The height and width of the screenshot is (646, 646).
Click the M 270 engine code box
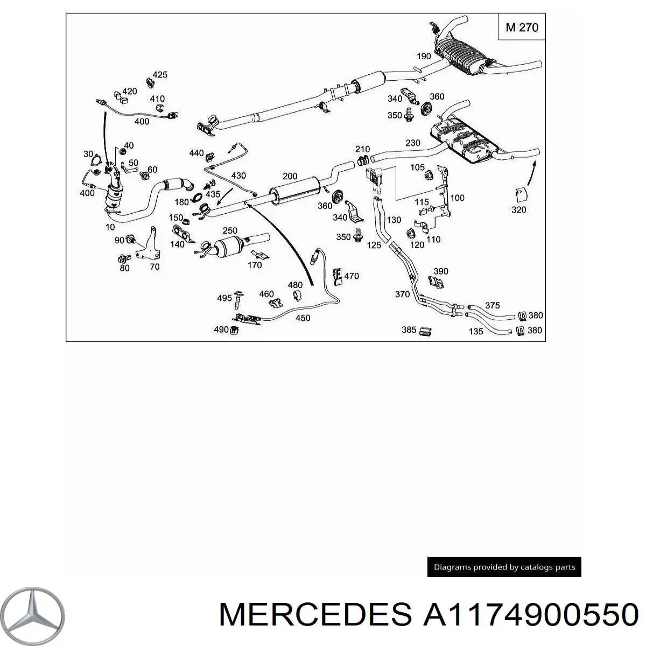[522, 27]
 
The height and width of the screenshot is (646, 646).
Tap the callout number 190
[424, 56]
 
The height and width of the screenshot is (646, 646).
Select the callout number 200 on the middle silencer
[290, 177]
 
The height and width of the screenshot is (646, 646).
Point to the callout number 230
[412, 143]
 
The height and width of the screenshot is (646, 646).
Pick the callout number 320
[518, 209]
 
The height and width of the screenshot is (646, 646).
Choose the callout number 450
[303, 318]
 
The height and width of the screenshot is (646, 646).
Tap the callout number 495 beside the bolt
[224, 298]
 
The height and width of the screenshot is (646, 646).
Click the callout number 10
[110, 228]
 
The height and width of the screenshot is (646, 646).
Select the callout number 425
[160, 75]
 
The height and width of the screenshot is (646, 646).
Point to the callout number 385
[409, 329]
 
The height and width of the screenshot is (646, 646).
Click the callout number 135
[476, 332]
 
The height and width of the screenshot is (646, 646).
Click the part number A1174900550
[531, 614]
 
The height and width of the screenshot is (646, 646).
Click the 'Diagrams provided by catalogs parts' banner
[504, 567]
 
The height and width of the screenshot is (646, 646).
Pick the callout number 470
[352, 276]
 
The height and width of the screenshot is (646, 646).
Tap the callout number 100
[457, 198]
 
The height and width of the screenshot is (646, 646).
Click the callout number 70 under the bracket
[155, 266]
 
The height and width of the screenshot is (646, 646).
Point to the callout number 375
[493, 305]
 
